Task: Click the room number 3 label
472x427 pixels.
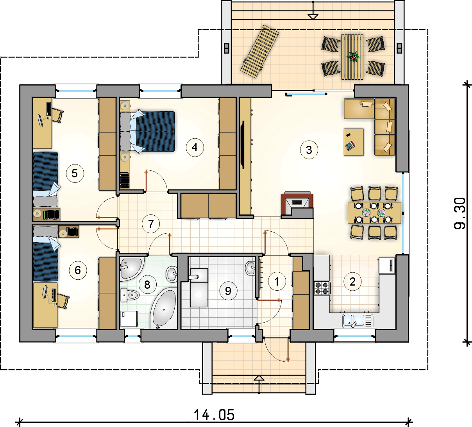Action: pos(309,150)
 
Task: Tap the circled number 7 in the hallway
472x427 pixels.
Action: pos(151,224)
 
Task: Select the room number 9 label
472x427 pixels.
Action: pos(228,291)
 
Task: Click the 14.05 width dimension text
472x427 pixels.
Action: pos(214,414)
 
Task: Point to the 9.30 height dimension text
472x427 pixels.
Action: pos(459,213)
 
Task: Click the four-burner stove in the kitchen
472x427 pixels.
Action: pos(322,288)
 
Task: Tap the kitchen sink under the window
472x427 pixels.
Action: pos(358,320)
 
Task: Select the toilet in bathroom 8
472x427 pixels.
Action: pos(130,295)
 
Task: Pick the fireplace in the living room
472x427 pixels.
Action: pos(297,205)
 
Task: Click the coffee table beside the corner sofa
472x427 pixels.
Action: pos(353,142)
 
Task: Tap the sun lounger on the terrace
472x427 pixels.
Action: pos(260,51)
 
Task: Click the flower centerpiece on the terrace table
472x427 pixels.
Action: pos(353,57)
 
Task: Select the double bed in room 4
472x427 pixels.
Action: pos(148,131)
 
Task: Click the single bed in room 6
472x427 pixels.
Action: pos(45,254)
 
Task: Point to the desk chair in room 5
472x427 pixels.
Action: pos(57,115)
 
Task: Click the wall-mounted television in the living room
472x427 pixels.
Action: pos(243,145)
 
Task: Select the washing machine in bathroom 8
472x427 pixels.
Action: pos(129,319)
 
